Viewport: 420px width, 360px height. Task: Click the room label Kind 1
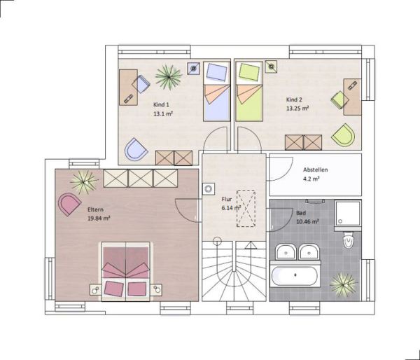[x=161, y=104]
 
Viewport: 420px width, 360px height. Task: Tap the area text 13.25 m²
[x=297, y=109]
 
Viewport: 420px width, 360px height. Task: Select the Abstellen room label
[x=315, y=169]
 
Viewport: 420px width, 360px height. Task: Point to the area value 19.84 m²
[x=99, y=219]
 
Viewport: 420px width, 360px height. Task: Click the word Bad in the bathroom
[x=301, y=213]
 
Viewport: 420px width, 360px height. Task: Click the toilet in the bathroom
[x=349, y=240]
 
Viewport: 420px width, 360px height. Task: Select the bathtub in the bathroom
[x=295, y=275]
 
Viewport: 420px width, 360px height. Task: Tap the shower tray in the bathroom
[x=348, y=214]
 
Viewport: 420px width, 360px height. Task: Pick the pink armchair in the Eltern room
[x=69, y=204]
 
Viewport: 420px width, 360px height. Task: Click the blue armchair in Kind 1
[x=136, y=149]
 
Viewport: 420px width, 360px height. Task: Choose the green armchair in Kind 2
[x=344, y=135]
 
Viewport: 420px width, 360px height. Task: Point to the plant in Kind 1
[x=169, y=77]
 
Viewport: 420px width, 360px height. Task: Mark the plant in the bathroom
[x=343, y=285]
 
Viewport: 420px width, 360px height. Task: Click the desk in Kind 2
[x=353, y=97]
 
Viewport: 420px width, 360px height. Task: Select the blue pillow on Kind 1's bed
[x=217, y=72]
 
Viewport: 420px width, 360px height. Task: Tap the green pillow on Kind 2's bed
[x=249, y=72]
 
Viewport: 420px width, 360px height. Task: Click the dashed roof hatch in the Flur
[x=246, y=209]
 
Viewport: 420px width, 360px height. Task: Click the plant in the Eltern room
[x=84, y=182]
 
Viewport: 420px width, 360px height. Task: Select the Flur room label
[x=227, y=199]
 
